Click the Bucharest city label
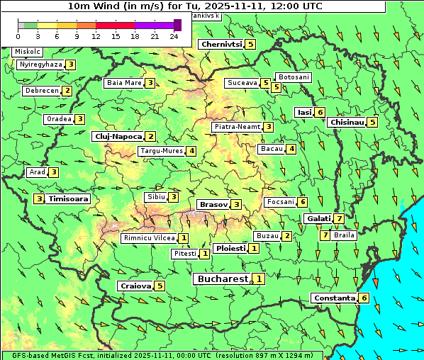coord(221,279)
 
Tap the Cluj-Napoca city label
coord(118,136)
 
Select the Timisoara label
coord(69,199)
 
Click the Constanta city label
coord(334,298)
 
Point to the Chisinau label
coord(347,122)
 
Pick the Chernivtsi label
coord(222,44)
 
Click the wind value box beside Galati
coord(340,219)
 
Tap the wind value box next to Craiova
coord(160,286)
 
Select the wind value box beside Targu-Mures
coord(191,151)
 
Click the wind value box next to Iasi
coord(320,112)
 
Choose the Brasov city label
coord(213,205)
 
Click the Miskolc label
coord(28,52)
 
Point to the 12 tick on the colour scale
coord(96,36)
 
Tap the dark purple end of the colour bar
coord(177,25)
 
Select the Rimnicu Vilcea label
coord(148,238)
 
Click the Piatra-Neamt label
coord(237,127)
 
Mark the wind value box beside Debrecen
coord(67,91)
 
